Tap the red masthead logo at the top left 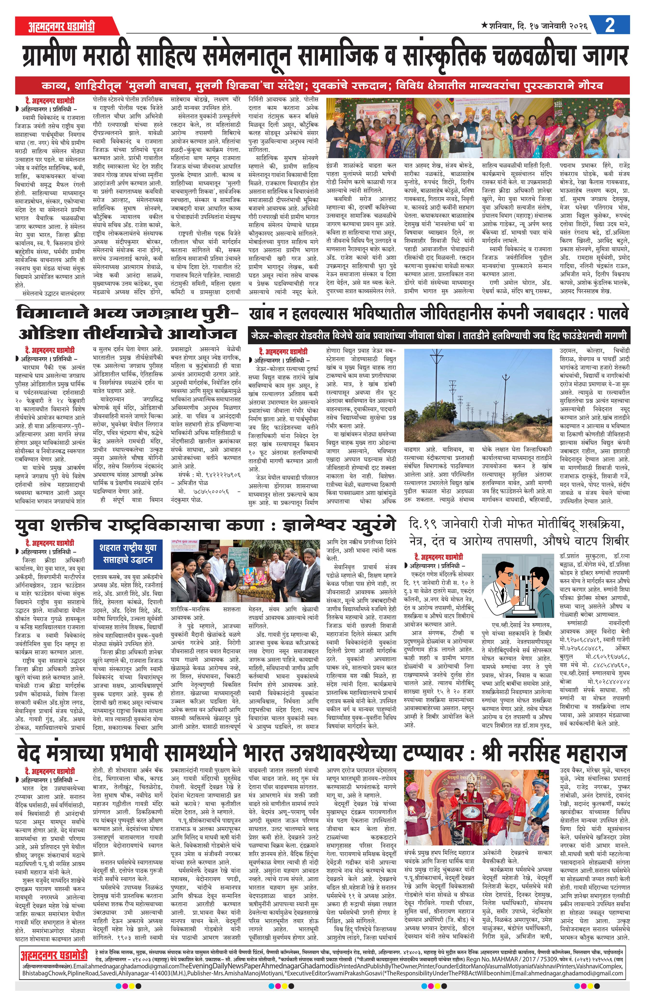pos(62,26)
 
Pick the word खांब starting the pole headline pos(263,313)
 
